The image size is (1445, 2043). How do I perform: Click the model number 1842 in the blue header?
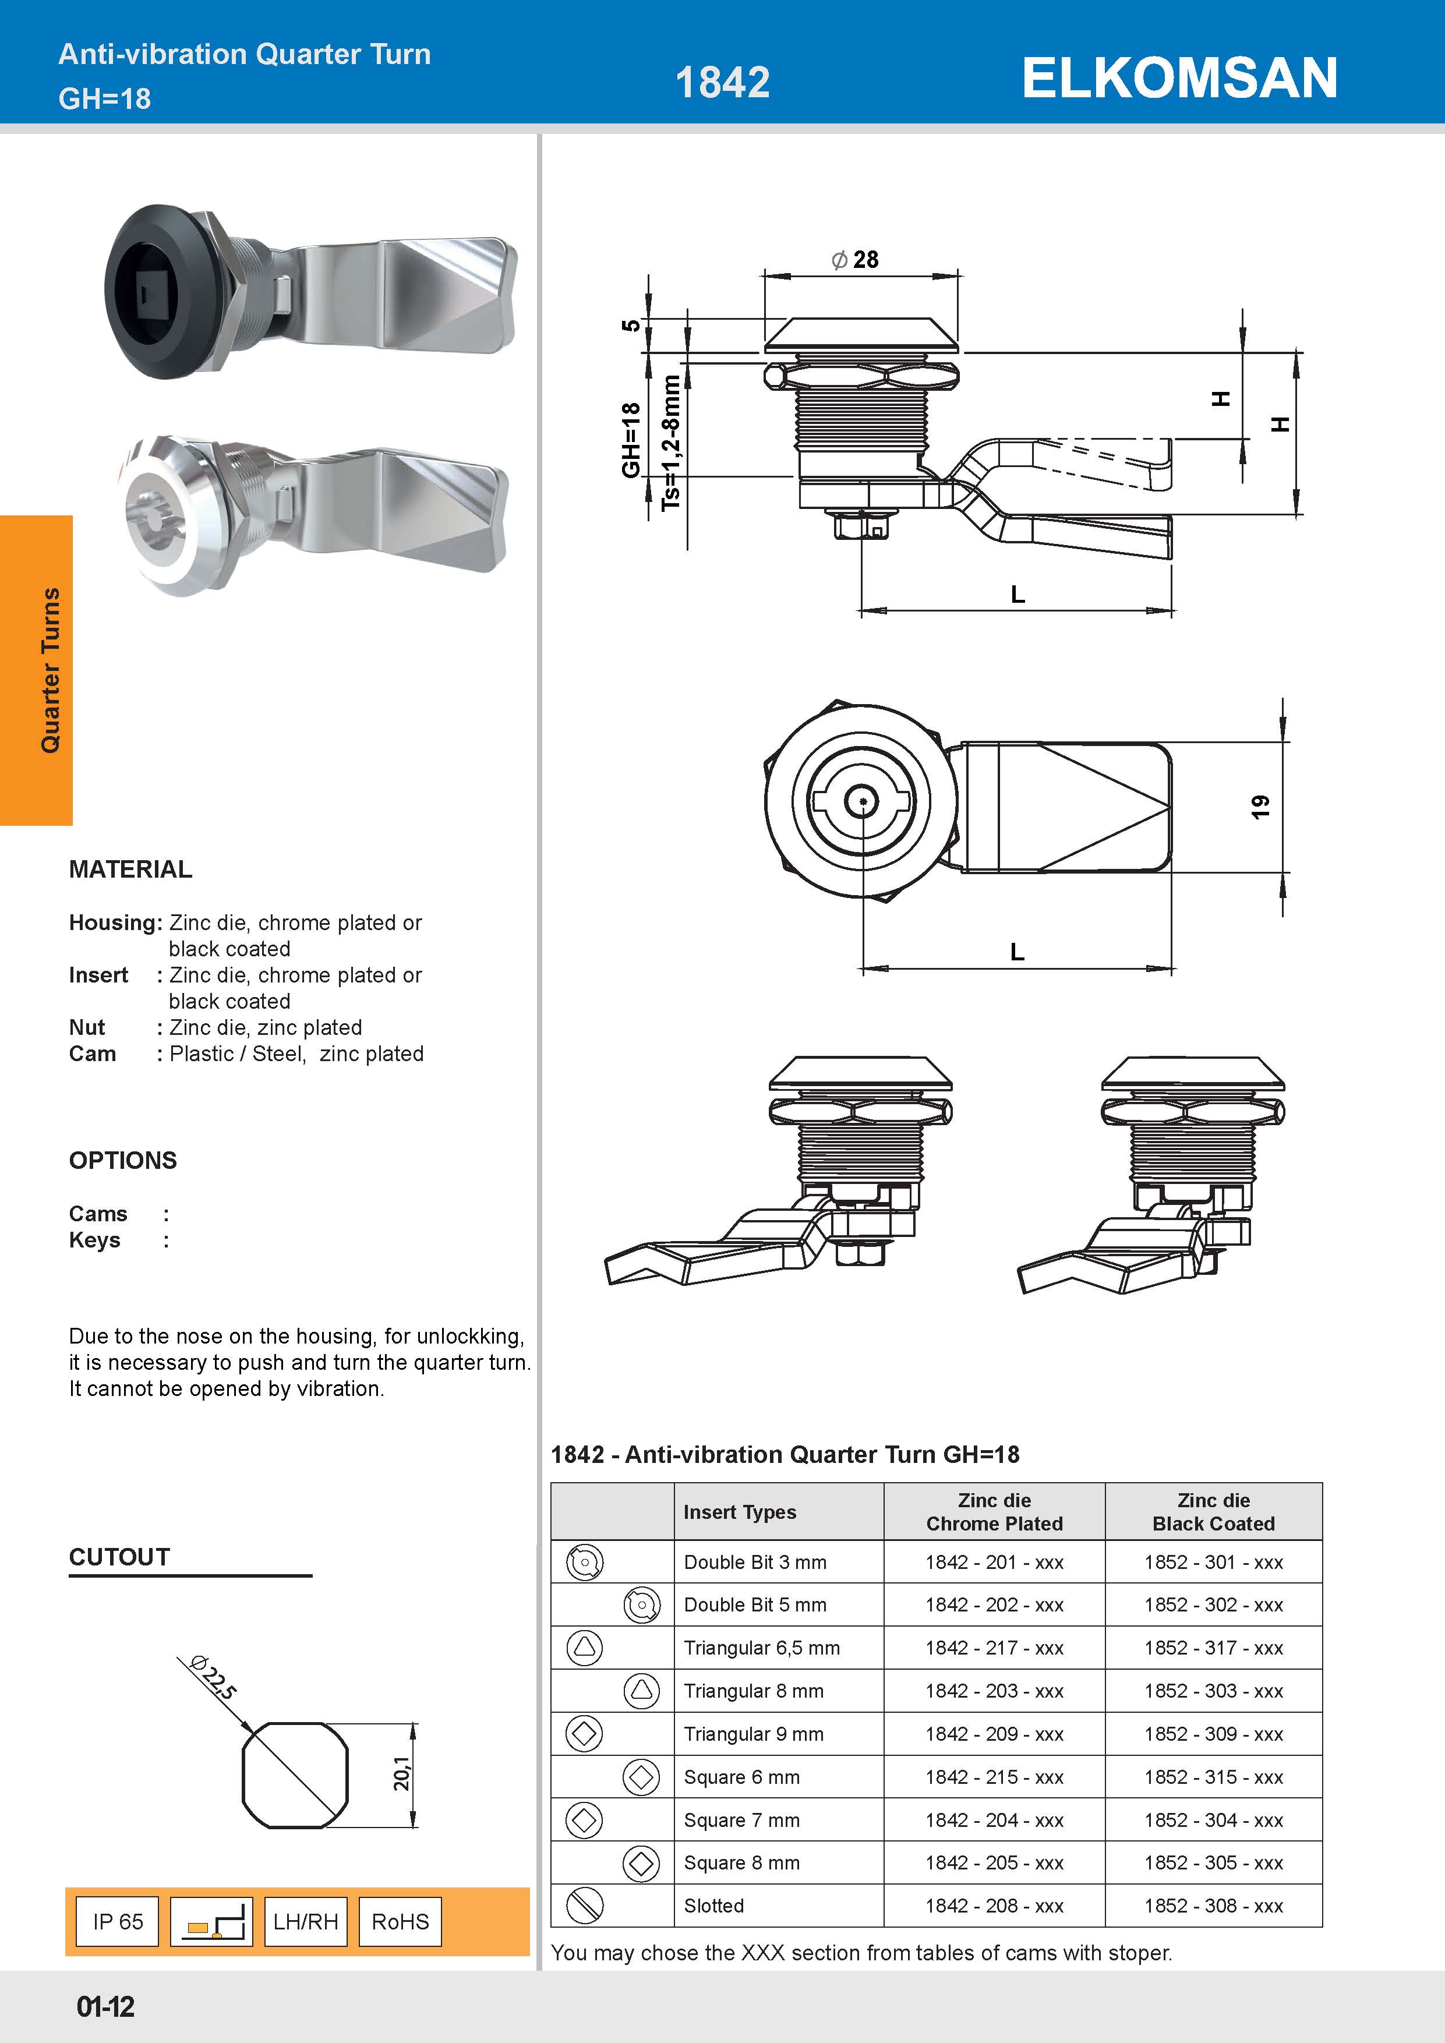coord(722,83)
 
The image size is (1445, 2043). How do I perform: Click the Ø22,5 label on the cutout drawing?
coord(214,1677)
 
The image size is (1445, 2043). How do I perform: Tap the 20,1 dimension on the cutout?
coord(402,1775)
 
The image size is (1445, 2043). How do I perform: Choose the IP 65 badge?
coord(118,1921)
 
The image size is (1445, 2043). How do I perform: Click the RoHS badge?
coord(400,1921)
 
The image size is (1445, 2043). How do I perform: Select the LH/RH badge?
coord(305,1921)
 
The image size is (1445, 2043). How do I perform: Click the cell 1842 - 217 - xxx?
coord(994,1648)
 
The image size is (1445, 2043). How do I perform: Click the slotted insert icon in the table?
coord(585,1904)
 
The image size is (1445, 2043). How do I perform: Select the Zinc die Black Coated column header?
coord(1213,1512)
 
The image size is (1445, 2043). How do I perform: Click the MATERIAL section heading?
coord(131,869)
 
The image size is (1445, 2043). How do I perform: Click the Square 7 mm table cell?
coord(741,1820)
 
